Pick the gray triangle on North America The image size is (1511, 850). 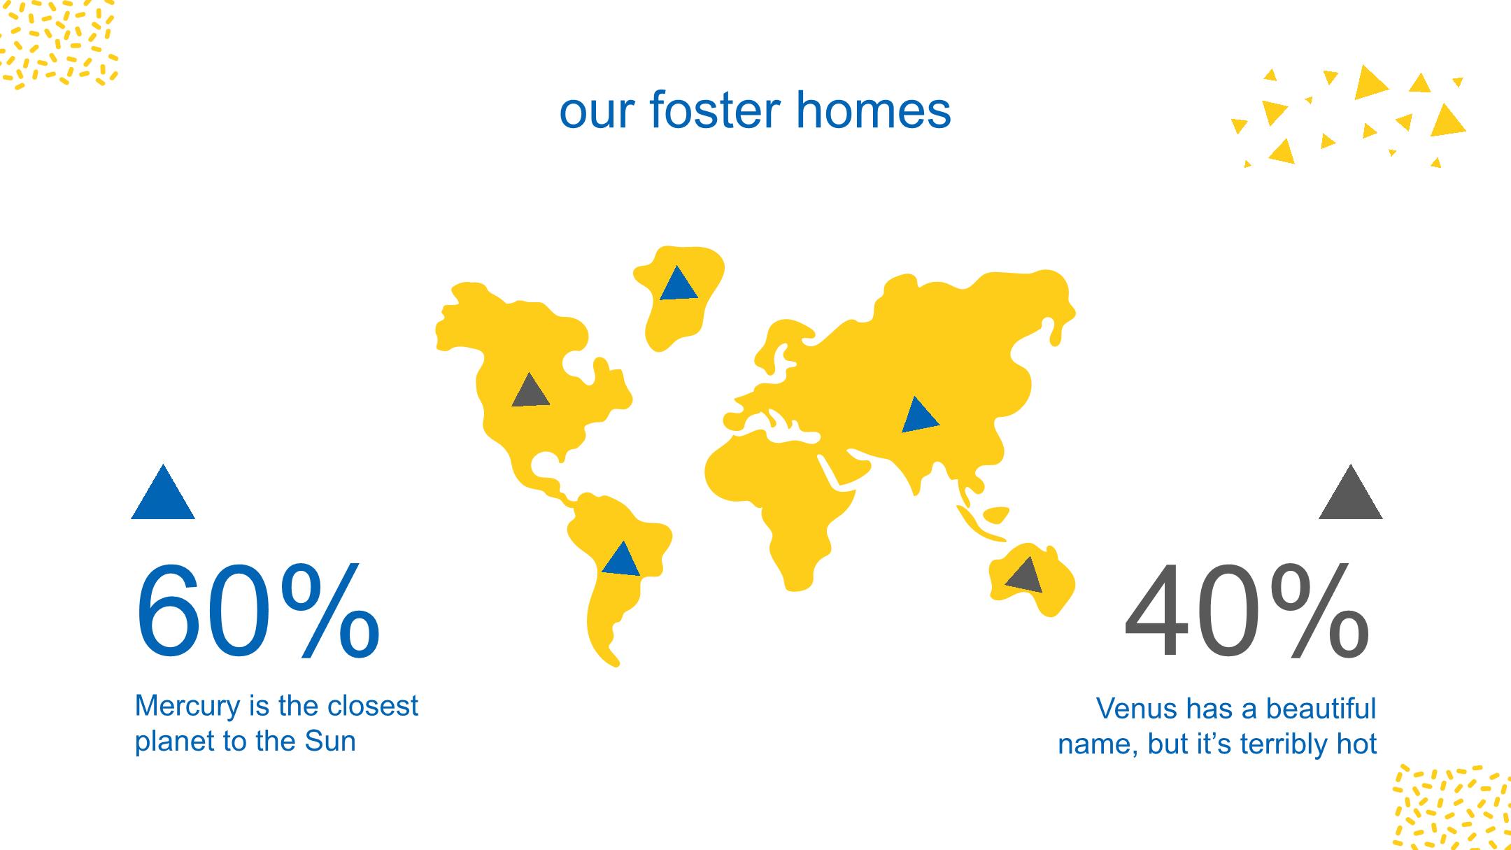point(530,390)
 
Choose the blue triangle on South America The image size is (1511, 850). point(621,559)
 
